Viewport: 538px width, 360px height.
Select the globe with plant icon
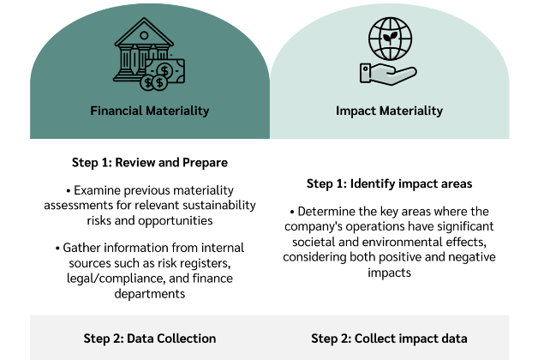pyautogui.click(x=389, y=39)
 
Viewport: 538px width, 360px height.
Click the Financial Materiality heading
pyautogui.click(x=150, y=111)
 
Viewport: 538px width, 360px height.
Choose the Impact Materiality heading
pyautogui.click(x=389, y=111)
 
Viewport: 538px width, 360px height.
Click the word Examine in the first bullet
pyautogui.click(x=101, y=189)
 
